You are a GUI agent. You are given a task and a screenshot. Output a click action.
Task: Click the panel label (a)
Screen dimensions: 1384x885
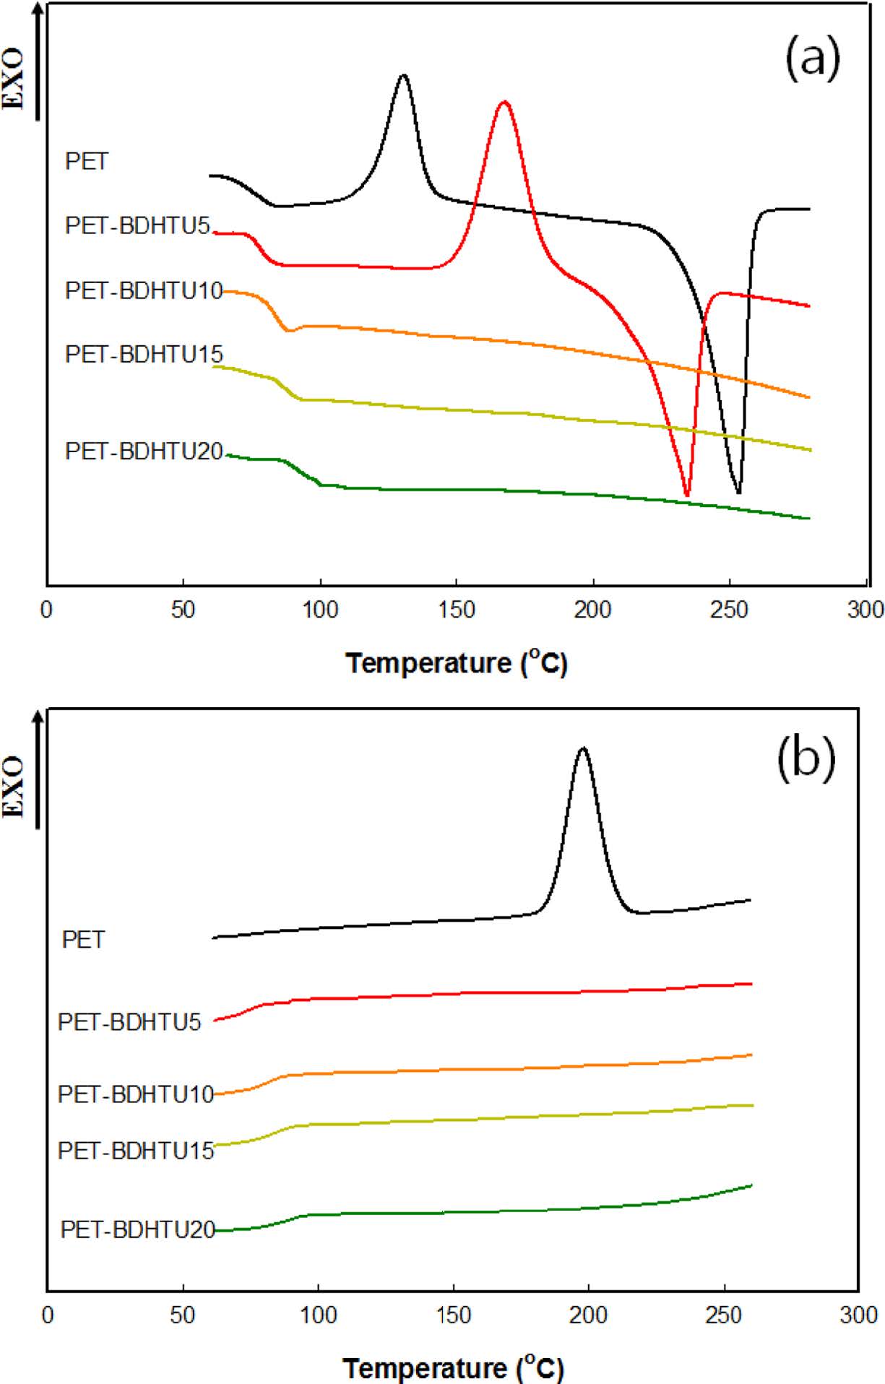point(812,59)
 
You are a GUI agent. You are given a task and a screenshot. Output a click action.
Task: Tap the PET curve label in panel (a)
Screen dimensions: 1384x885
point(87,161)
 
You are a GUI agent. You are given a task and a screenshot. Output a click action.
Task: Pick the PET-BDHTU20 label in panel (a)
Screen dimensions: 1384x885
point(144,451)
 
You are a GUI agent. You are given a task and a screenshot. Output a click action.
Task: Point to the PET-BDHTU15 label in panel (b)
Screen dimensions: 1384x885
point(136,1150)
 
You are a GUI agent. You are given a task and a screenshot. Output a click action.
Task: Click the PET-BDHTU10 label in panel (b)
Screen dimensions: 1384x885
point(136,1094)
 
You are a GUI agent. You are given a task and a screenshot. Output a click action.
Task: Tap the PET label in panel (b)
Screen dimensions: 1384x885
point(84,940)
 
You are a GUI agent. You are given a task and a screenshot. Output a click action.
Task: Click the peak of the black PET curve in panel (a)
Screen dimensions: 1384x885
point(403,75)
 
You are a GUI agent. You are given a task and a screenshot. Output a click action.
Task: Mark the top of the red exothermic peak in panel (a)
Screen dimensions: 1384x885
point(504,102)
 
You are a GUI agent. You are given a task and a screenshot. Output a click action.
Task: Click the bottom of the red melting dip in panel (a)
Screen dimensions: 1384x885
point(686,496)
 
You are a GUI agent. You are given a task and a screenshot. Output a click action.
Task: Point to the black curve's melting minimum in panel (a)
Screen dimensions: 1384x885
point(738,493)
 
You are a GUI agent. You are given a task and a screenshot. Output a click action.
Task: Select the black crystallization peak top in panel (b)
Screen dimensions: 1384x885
point(582,748)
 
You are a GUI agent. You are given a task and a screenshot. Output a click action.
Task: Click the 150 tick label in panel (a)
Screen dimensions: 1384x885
point(456,610)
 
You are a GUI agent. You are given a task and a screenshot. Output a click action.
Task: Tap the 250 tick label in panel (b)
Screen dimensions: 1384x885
point(723,1315)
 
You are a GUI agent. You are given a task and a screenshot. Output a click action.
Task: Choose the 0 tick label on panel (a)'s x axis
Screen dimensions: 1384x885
point(47,610)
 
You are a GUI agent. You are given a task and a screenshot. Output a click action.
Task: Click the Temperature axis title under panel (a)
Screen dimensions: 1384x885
point(457,662)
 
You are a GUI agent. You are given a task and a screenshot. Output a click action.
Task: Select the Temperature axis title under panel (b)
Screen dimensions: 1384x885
point(453,1367)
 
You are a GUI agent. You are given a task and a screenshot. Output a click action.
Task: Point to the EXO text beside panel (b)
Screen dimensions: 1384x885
point(14,787)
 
